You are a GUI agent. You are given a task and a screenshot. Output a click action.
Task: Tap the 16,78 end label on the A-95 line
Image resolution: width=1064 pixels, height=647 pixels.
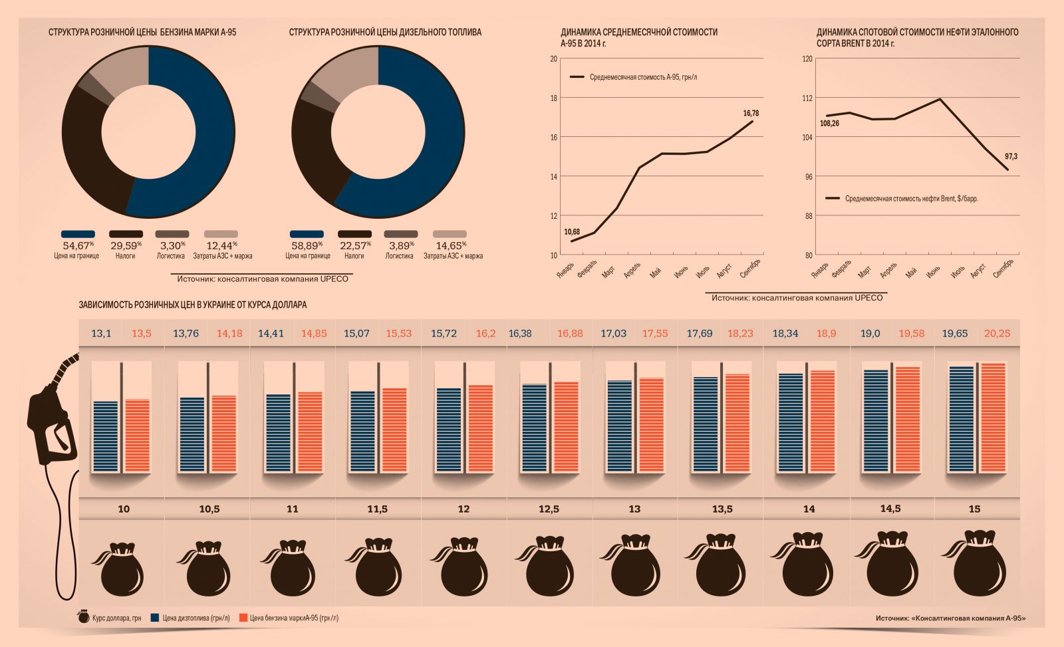tap(751, 113)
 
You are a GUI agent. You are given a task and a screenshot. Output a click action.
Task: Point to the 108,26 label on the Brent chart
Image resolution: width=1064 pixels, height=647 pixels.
tap(829, 124)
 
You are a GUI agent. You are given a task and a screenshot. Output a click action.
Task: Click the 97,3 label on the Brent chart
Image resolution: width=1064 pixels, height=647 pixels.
tap(1011, 156)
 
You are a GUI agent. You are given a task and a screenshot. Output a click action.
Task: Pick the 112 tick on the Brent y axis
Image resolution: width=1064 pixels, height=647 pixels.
tap(807, 98)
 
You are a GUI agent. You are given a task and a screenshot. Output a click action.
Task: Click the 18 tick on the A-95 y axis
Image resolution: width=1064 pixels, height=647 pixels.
tap(553, 98)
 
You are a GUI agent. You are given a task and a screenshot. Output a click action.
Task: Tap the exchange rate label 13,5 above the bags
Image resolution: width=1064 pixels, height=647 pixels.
tap(722, 509)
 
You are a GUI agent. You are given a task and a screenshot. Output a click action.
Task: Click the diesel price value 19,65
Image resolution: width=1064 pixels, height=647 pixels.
tap(954, 333)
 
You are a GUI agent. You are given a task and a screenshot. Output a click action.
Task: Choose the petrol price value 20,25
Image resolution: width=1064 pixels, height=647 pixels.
tap(997, 333)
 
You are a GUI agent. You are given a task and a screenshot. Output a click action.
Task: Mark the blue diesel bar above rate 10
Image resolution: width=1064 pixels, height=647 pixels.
tap(106, 436)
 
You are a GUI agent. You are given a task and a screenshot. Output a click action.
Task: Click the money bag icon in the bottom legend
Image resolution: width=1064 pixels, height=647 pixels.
tap(84, 617)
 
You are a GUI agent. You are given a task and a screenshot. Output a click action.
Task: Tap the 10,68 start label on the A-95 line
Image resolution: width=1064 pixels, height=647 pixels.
tap(571, 232)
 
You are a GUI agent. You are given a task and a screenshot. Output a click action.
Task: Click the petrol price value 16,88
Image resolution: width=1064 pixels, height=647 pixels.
tap(569, 333)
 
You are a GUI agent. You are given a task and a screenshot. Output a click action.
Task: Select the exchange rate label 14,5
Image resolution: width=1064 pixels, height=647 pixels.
tap(890, 509)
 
